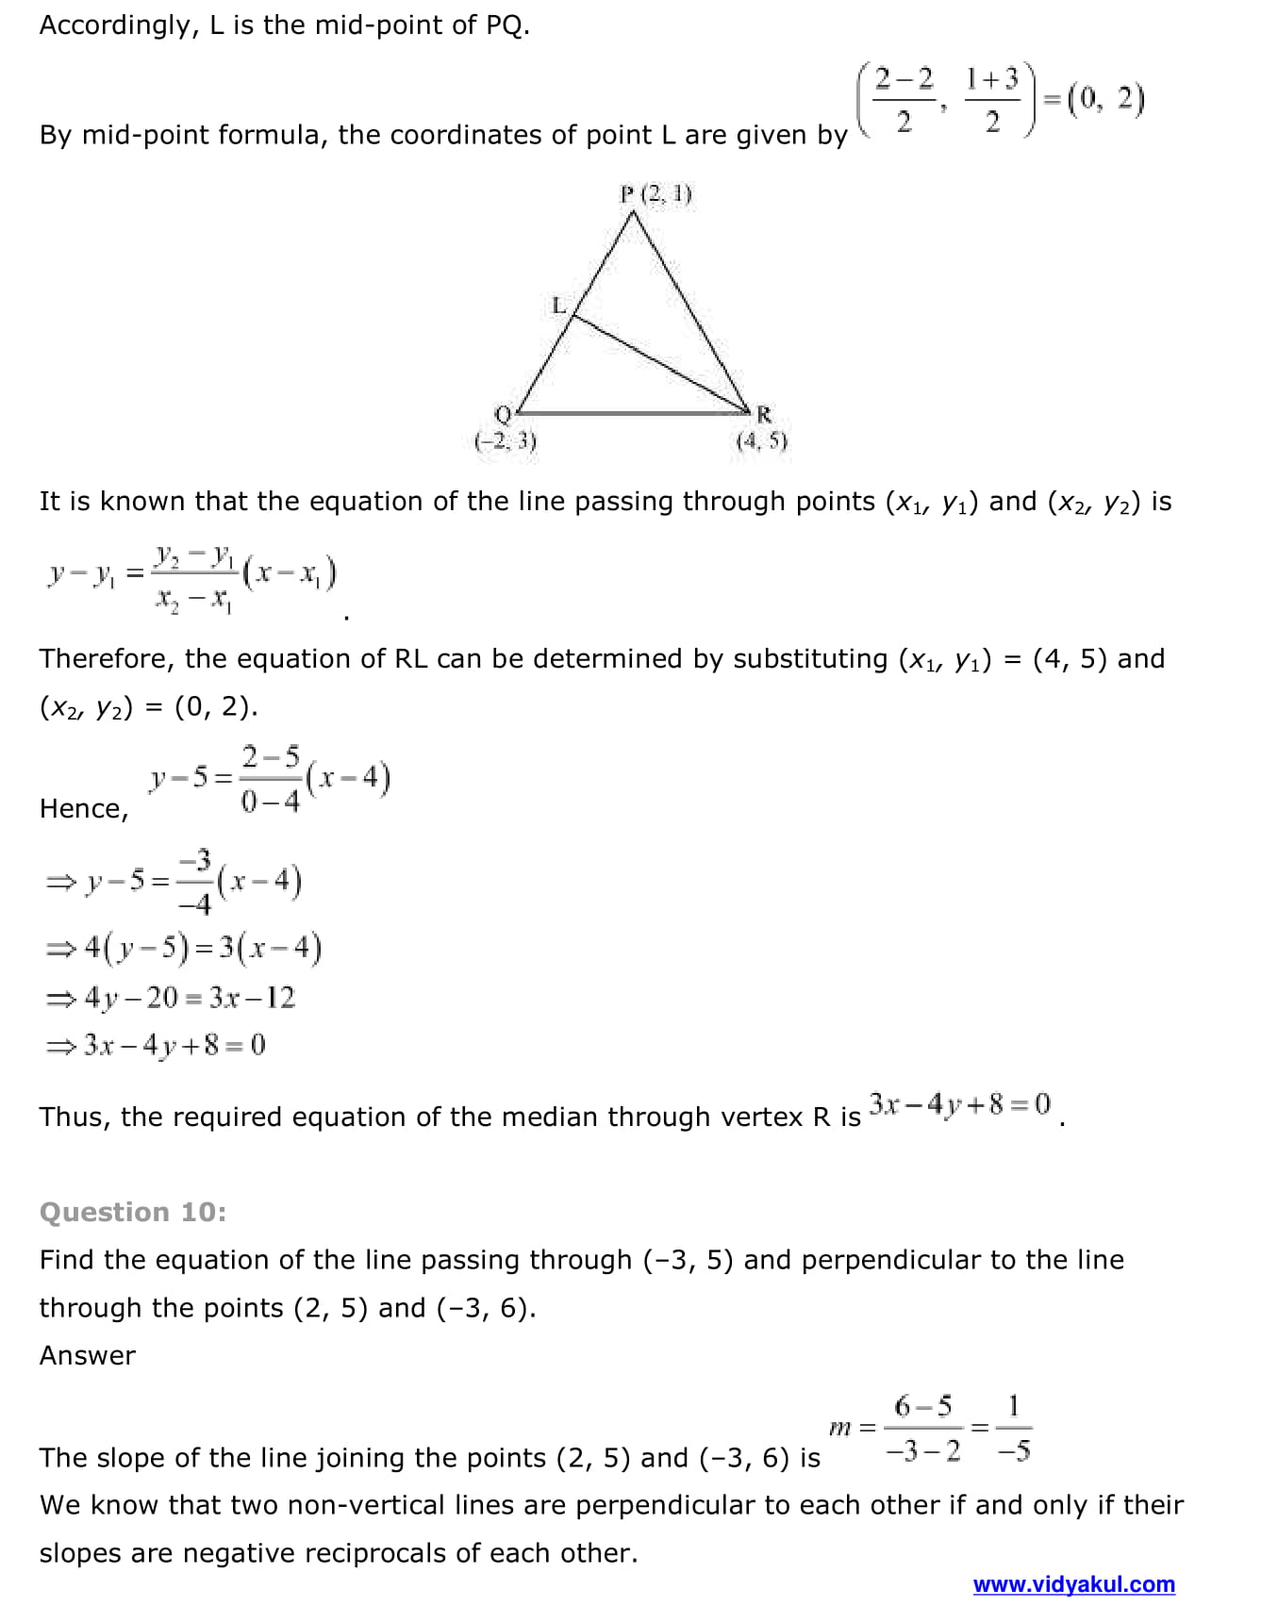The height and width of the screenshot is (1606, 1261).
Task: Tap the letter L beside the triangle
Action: coord(558,306)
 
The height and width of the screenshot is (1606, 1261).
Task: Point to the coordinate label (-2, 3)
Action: coord(506,441)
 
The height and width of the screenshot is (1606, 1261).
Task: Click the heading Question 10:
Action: coord(133,1212)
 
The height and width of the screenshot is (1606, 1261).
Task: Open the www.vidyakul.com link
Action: coord(1073,1584)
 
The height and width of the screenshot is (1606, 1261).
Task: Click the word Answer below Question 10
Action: coord(88,1355)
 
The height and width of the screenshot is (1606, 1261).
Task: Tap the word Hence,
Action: coord(84,809)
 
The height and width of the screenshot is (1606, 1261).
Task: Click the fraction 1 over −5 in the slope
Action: coord(1014,1429)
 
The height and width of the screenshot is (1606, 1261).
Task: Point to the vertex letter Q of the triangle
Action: coord(503,415)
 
